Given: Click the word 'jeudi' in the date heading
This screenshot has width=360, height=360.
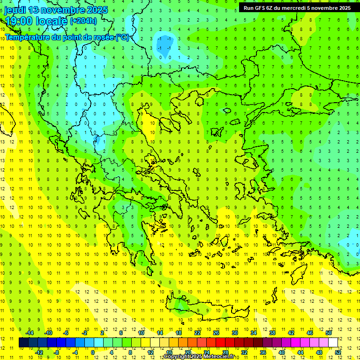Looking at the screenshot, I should tap(15, 10).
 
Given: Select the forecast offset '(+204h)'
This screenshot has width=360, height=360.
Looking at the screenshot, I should tap(83, 21).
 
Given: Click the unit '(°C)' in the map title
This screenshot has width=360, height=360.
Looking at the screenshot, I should tap(122, 37).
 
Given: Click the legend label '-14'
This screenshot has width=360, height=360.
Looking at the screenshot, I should tap(29, 333).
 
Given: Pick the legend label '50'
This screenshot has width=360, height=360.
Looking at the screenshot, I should tap(329, 333).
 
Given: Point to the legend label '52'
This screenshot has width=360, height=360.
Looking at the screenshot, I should tap(338, 352).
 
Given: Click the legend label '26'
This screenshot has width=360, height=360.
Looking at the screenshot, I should tap(216, 333).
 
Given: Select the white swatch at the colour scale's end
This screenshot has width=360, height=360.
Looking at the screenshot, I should tap(333, 343).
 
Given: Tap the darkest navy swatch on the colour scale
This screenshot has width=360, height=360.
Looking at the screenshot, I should tap(24, 343).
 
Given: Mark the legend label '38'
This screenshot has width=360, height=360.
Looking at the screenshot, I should tap(272, 333).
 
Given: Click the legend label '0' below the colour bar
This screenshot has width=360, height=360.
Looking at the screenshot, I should tap(93, 352).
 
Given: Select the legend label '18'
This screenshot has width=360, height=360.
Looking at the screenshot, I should tap(179, 333).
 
